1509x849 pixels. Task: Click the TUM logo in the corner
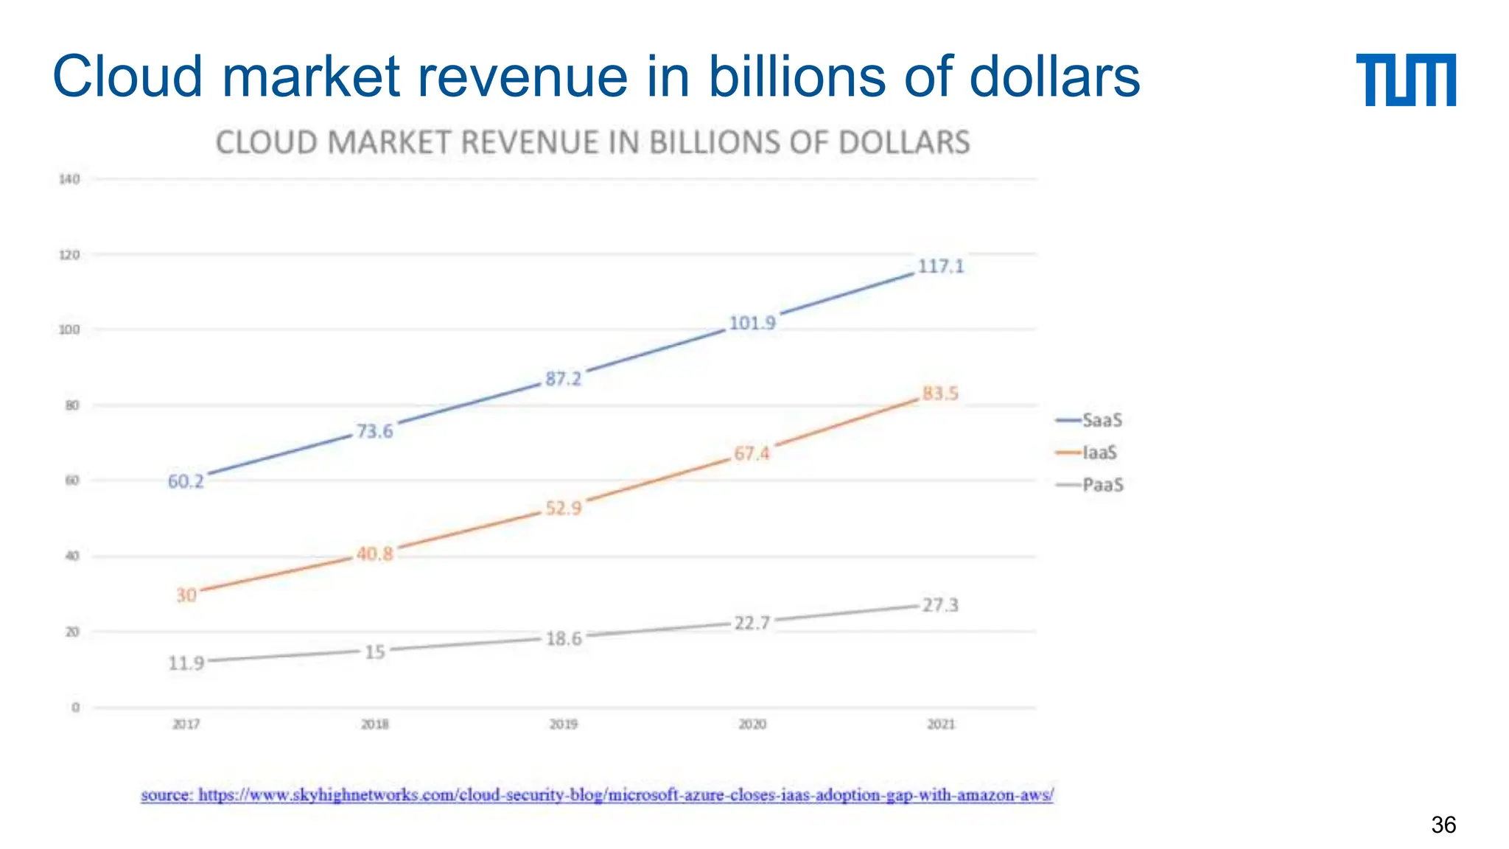coord(1405,80)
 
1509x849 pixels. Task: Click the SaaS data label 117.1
coord(940,266)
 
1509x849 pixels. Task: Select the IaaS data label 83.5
coord(940,394)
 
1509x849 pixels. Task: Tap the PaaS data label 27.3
coord(940,605)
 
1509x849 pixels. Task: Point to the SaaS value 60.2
coord(186,481)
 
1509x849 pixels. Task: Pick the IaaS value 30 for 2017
coord(186,595)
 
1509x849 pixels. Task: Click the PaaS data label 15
coord(375,651)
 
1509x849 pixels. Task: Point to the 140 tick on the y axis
coord(69,179)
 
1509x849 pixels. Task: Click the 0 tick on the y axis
coord(75,707)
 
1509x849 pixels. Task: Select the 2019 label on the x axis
coord(564,724)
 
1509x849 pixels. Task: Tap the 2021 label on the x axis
coord(941,724)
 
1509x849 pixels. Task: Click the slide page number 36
coord(1443,825)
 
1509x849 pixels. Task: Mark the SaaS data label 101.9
coord(752,323)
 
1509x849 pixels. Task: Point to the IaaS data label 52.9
coord(564,508)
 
